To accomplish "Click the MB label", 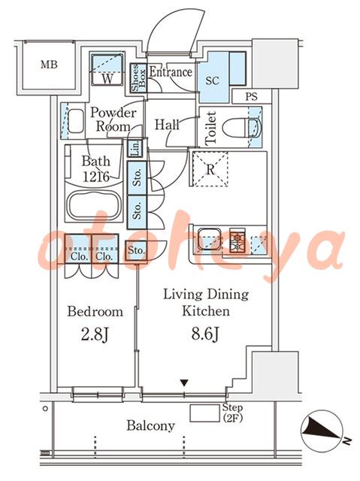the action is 49,65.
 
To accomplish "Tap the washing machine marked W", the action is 107,70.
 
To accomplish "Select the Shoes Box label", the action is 138,78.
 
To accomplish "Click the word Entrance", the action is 171,72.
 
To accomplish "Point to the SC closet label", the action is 212,80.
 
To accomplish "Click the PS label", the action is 251,97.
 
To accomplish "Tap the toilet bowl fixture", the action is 241,127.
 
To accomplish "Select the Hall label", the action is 167,125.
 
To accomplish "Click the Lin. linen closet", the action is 135,148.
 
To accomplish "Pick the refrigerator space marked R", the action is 210,168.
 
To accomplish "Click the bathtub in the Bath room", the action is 93,205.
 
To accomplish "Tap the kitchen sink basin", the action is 209,239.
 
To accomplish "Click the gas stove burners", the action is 237,240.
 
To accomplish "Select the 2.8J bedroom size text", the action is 95,334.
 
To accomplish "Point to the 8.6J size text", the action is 205,334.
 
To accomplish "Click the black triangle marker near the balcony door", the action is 184,383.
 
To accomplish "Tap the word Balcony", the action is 151,426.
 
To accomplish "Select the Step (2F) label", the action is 232,413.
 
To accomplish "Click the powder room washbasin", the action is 75,121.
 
